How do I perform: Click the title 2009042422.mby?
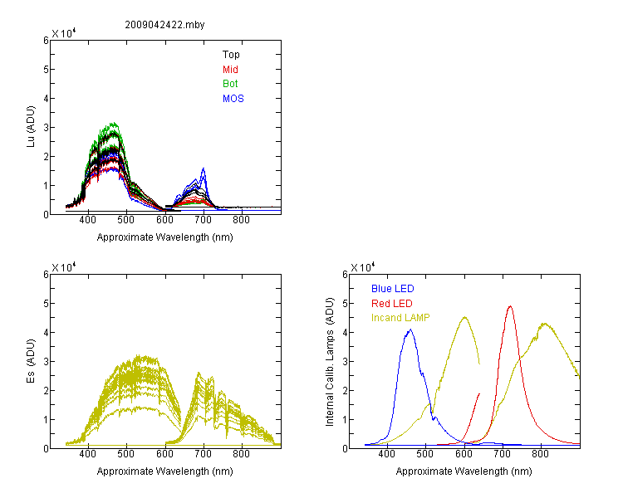point(164,25)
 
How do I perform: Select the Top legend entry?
point(231,55)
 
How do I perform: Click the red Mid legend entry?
point(230,70)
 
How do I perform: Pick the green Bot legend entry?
point(230,84)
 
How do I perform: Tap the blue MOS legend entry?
point(233,99)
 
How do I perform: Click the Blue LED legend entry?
point(393,289)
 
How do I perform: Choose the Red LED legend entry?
point(392,304)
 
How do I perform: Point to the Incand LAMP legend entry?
point(400,318)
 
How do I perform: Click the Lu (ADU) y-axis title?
point(31,127)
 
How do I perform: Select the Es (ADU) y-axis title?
point(31,361)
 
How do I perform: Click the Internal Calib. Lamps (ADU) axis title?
point(330,362)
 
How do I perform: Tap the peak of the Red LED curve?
point(510,306)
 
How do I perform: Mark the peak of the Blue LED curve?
point(410,330)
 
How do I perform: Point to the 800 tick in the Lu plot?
point(241,220)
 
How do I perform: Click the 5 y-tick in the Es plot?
point(46,304)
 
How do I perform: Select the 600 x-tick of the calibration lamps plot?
point(464,454)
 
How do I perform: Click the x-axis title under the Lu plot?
point(165,237)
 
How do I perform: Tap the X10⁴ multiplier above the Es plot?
point(64,267)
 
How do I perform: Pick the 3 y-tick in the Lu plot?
point(46,128)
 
